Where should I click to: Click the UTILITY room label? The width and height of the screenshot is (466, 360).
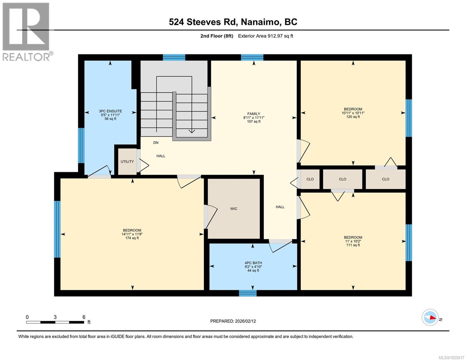click(127, 162)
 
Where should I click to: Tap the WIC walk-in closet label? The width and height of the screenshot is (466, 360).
click(234, 209)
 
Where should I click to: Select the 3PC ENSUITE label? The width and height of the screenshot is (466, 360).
click(110, 111)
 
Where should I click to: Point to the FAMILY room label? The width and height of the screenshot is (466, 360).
click(254, 114)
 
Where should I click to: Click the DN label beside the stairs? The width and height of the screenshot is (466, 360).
click(156, 143)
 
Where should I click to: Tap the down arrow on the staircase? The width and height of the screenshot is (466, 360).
click(191, 131)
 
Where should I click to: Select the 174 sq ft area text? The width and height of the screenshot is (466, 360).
click(132, 238)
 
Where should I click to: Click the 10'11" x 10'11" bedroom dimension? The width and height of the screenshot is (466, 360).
click(353, 113)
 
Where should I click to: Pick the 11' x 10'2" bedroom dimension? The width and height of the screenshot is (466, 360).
click(353, 241)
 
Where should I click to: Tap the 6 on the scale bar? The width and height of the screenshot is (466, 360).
click(84, 317)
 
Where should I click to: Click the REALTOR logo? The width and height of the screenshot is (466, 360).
click(26, 31)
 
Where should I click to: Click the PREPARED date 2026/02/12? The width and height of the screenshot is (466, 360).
click(233, 321)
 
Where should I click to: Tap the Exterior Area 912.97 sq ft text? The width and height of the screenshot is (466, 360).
click(265, 36)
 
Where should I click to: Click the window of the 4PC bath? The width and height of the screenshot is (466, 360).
click(248, 293)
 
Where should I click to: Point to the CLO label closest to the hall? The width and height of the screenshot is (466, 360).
click(310, 179)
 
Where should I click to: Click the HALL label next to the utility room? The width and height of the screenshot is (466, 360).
click(161, 156)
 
